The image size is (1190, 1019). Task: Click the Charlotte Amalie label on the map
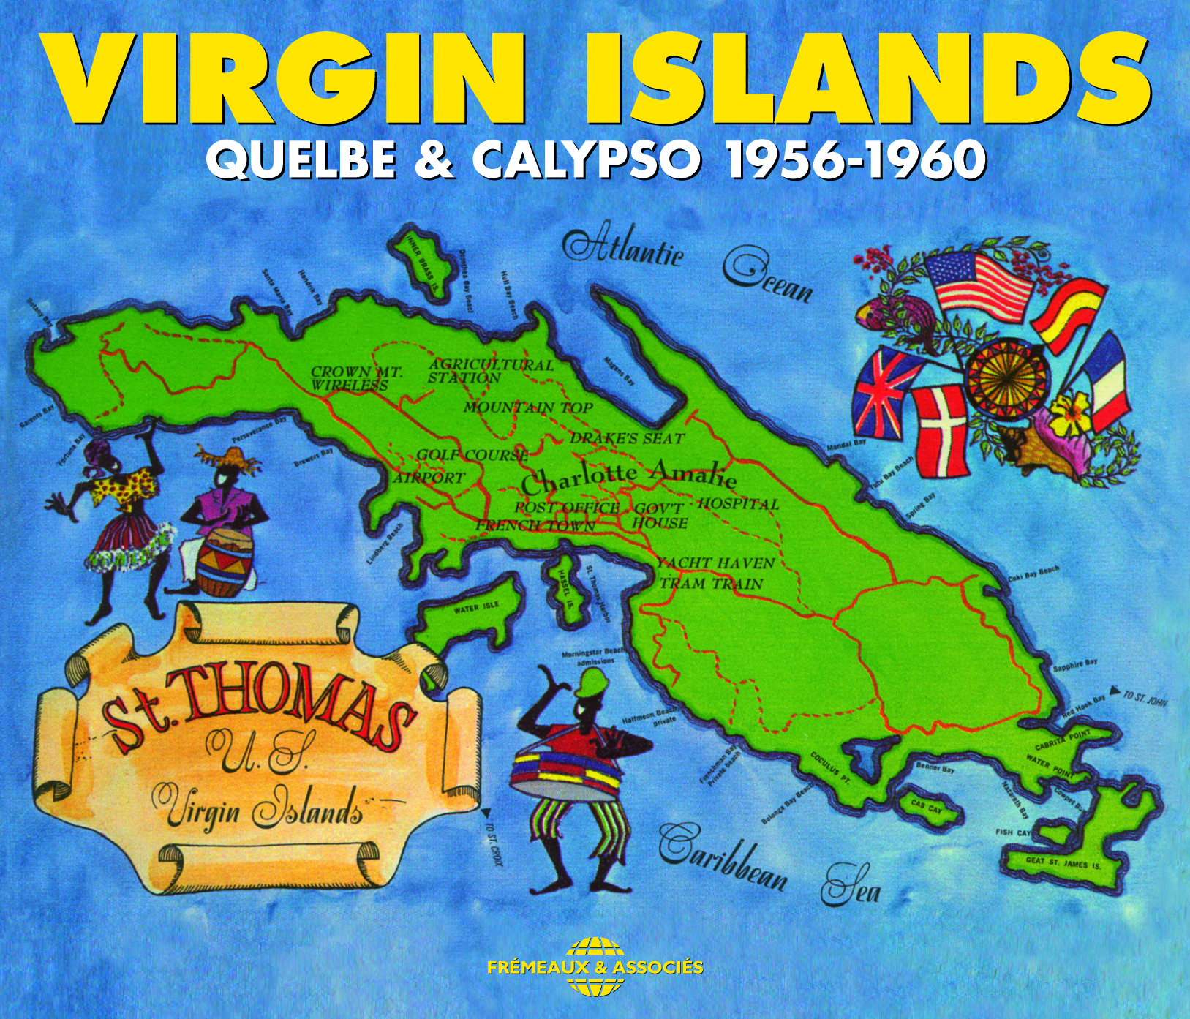[628, 476]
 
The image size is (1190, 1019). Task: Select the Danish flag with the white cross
[940, 429]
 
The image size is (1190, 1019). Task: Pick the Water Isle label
[477, 608]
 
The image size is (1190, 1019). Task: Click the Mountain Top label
[527, 407]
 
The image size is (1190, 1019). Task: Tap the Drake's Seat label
[627, 438]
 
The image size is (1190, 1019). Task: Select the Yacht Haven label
[715, 563]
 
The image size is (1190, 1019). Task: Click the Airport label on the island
[429, 478]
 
